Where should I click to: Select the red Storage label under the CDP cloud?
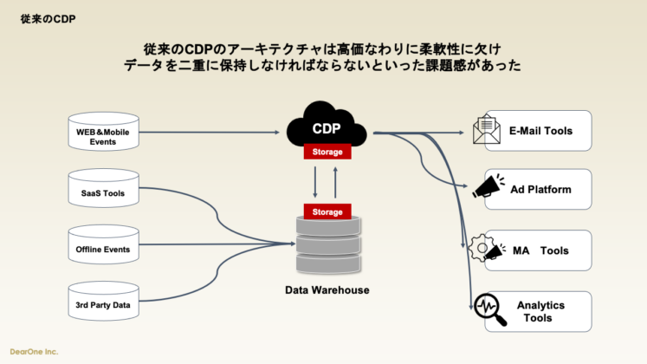[327, 153]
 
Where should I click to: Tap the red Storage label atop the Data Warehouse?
[327, 211]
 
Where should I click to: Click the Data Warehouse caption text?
[327, 289]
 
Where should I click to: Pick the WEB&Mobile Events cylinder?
[103, 134]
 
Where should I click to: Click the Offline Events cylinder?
[103, 249]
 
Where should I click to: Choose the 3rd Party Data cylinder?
[103, 305]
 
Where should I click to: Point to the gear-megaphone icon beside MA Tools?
[486, 250]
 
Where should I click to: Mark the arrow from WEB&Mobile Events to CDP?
[212, 133]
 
